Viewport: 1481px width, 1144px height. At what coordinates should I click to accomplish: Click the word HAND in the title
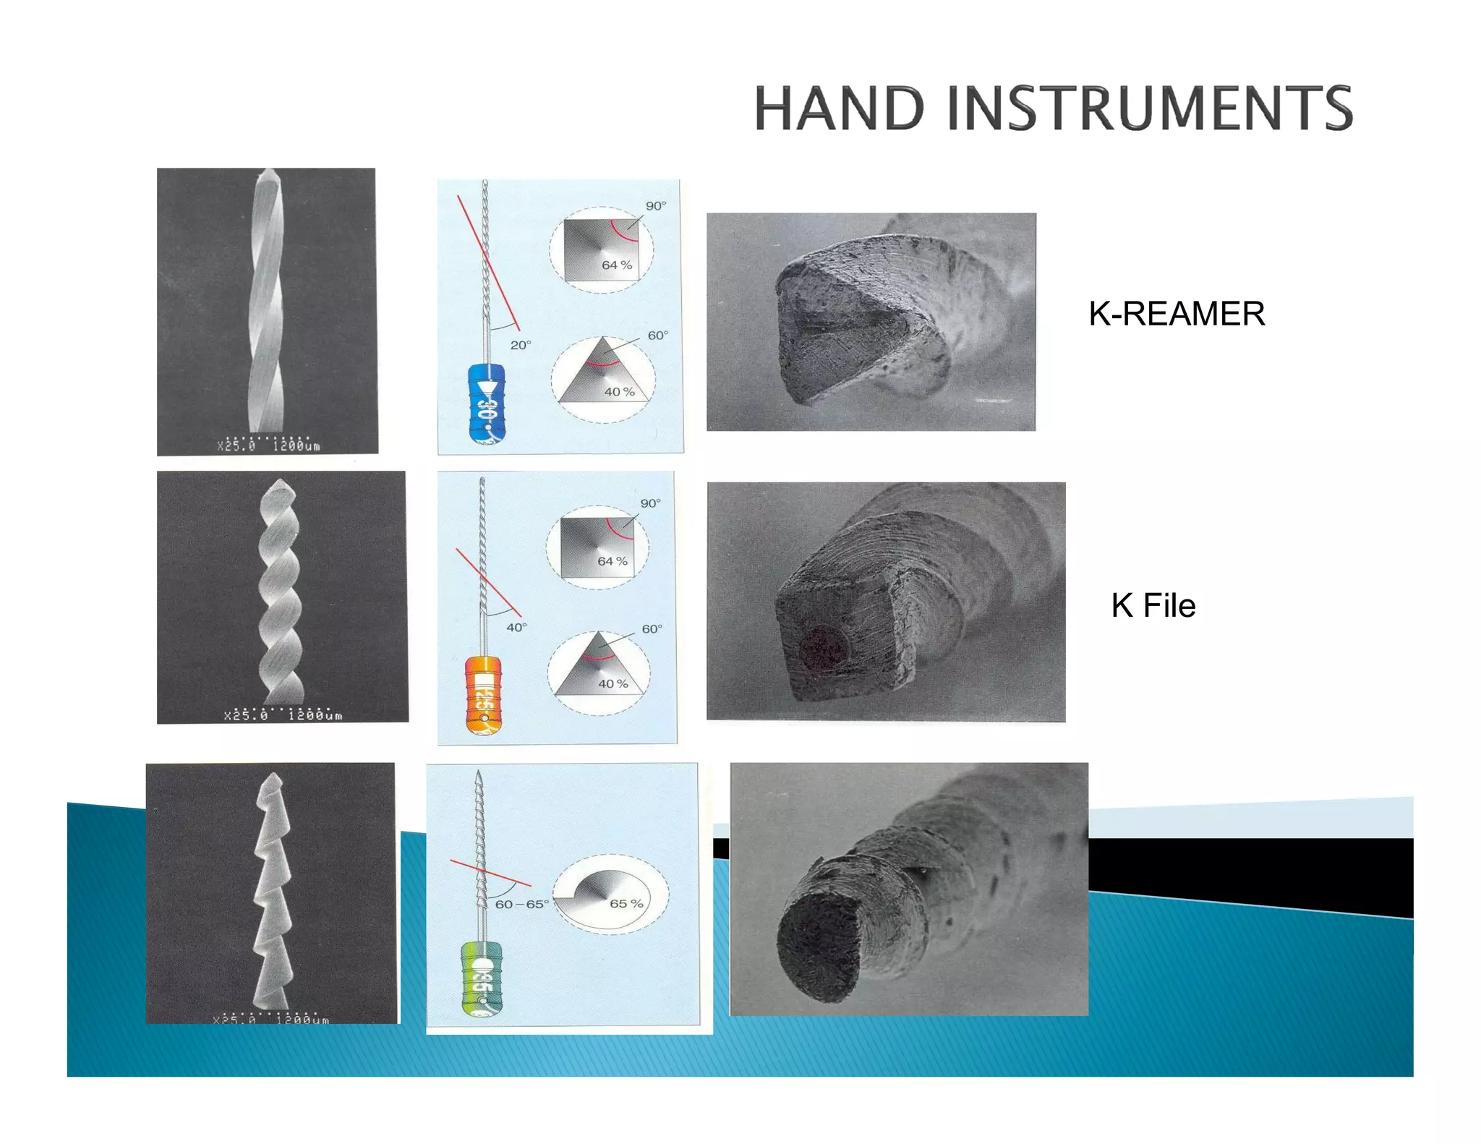[x=839, y=108]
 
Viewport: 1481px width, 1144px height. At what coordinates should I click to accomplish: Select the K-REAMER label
[x=1177, y=314]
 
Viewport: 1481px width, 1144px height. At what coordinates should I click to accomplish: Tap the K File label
[x=1153, y=605]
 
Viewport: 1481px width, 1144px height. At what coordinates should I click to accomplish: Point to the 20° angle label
[x=521, y=346]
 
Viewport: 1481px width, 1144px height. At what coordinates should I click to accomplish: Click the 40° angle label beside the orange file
[x=516, y=627]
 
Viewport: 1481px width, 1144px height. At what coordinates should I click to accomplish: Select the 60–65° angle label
[x=521, y=904]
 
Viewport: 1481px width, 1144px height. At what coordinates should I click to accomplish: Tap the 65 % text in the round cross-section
[x=626, y=903]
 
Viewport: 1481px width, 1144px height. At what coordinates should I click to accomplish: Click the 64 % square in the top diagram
[x=600, y=249]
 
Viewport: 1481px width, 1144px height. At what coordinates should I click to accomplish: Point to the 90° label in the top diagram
[x=656, y=206]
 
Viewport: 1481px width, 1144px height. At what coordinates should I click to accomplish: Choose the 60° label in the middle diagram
[x=652, y=628]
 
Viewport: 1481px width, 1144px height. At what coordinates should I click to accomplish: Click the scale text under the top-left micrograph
[x=268, y=445]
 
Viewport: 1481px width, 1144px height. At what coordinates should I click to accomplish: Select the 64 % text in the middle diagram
[x=613, y=561]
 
